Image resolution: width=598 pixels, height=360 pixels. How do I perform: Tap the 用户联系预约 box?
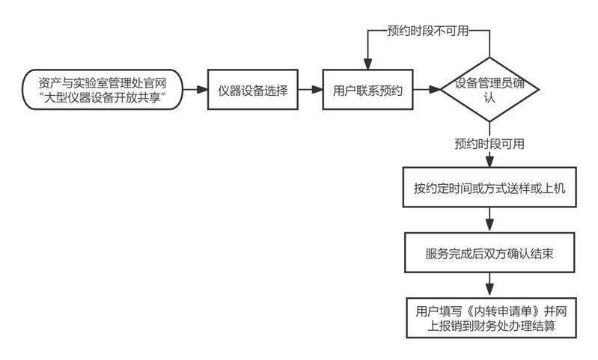[x=367, y=90]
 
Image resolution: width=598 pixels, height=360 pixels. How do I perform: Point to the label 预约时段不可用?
[x=427, y=31]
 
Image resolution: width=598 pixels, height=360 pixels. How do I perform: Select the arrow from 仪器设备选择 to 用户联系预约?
[x=309, y=90]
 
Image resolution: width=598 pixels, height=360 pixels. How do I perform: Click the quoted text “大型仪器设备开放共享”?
[x=100, y=98]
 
